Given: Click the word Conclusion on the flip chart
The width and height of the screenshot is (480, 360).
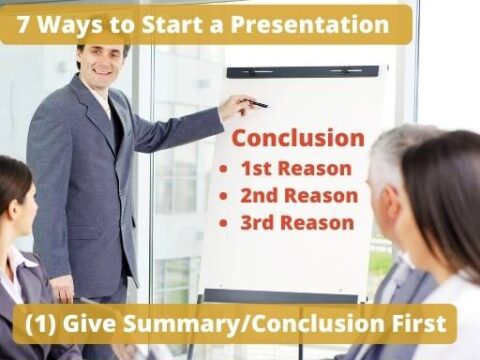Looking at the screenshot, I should (x=298, y=138).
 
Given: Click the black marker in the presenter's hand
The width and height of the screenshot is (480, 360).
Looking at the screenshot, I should (x=257, y=103).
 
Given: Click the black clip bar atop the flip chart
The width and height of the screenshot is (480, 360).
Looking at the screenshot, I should (x=302, y=72).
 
